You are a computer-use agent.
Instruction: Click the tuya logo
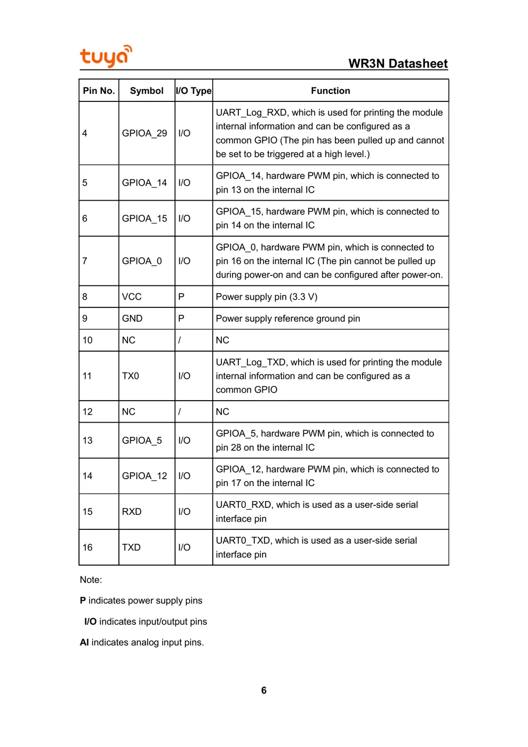pyautogui.click(x=106, y=56)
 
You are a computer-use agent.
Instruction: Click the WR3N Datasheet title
pyautogui.click(x=398, y=63)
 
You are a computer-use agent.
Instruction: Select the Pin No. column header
pyautogui.click(x=99, y=91)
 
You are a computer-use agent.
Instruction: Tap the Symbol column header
pyautogui.click(x=147, y=91)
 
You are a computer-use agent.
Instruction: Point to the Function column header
pyautogui.click(x=330, y=91)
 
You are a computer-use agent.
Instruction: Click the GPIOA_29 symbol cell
pyautogui.click(x=145, y=133)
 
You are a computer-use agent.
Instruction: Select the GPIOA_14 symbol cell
pyautogui.click(x=145, y=182)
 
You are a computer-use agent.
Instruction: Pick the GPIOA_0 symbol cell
pyautogui.click(x=142, y=261)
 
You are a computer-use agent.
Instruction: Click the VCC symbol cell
pyautogui.click(x=132, y=297)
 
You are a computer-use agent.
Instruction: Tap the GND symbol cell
pyautogui.click(x=132, y=319)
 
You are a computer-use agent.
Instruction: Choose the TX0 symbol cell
pyautogui.click(x=131, y=376)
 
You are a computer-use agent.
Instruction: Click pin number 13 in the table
pyautogui.click(x=87, y=440)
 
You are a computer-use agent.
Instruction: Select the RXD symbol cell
pyautogui.click(x=132, y=512)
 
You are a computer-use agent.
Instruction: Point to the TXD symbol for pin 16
pyautogui.click(x=131, y=547)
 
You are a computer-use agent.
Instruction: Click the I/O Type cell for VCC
pyautogui.click(x=181, y=297)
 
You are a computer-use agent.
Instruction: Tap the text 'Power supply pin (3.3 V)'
pyautogui.click(x=267, y=297)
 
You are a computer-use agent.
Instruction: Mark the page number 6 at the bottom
pyautogui.click(x=263, y=690)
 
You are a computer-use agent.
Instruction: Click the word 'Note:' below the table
pyautogui.click(x=91, y=580)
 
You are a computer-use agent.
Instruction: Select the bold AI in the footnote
pyautogui.click(x=84, y=642)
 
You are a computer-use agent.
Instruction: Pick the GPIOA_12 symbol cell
pyautogui.click(x=145, y=476)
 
